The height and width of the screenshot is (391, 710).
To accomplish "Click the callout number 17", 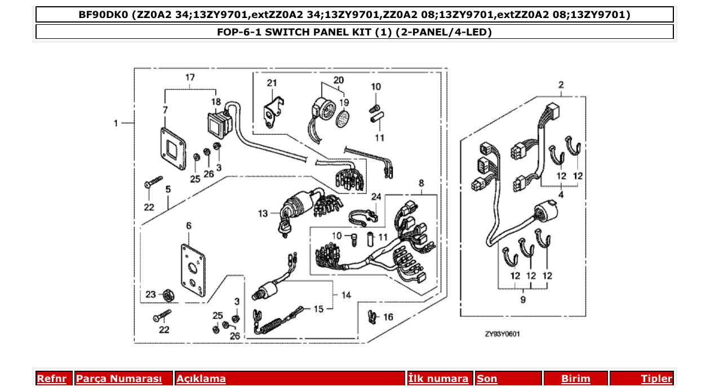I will (x=190, y=77).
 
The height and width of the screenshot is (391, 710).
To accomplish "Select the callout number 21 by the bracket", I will (x=272, y=83).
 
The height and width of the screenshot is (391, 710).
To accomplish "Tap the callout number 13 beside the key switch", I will (x=263, y=214).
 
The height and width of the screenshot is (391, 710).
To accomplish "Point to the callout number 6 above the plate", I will (x=189, y=225).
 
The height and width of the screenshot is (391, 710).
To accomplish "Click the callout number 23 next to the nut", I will (x=150, y=294).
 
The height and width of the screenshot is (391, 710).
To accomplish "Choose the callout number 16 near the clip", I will (x=388, y=317).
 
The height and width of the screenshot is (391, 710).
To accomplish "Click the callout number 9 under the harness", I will (x=522, y=300).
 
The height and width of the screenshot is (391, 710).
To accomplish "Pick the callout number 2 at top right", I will (x=561, y=85).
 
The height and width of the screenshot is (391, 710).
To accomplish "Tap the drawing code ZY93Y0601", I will (x=502, y=334).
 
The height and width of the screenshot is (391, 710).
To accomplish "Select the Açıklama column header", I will (x=201, y=379).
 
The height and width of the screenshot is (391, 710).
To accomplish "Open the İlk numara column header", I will (x=438, y=379).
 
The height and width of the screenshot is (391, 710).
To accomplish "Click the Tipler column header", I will (x=656, y=379).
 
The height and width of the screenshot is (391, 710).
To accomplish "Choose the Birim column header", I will (x=575, y=379).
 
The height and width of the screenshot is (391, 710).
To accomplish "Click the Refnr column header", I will (x=51, y=379).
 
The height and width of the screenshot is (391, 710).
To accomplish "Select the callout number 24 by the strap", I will (x=376, y=197).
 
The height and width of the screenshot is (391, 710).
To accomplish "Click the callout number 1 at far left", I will (x=116, y=123).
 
